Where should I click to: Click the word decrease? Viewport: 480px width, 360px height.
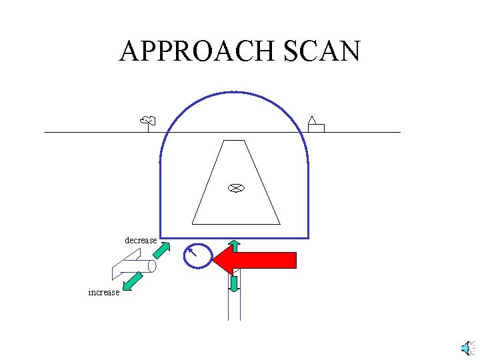click(141, 240)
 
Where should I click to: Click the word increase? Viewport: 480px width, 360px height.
click(104, 292)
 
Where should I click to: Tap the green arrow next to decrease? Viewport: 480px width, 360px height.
click(161, 251)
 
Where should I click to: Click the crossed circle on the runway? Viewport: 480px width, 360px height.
click(234, 188)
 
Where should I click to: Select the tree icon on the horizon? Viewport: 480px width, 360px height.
click(148, 121)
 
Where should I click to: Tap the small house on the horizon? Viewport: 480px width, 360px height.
click(315, 127)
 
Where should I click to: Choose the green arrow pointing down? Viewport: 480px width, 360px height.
click(234, 284)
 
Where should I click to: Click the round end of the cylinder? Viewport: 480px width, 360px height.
click(152, 266)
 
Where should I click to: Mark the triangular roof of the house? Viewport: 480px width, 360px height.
click(311, 120)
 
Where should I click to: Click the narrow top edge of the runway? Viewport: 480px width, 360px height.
click(234, 141)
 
